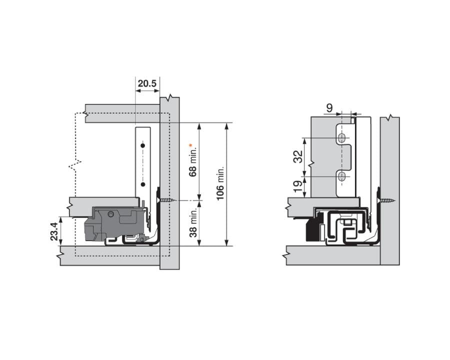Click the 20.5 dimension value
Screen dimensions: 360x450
point(147,83)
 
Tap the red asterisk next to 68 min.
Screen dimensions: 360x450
point(191,145)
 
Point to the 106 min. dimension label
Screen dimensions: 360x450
point(220,183)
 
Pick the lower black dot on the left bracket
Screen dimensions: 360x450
point(143,184)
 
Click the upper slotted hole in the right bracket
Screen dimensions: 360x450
point(341,137)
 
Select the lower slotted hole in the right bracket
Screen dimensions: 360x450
point(341,176)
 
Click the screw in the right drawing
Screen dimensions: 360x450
point(387,200)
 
